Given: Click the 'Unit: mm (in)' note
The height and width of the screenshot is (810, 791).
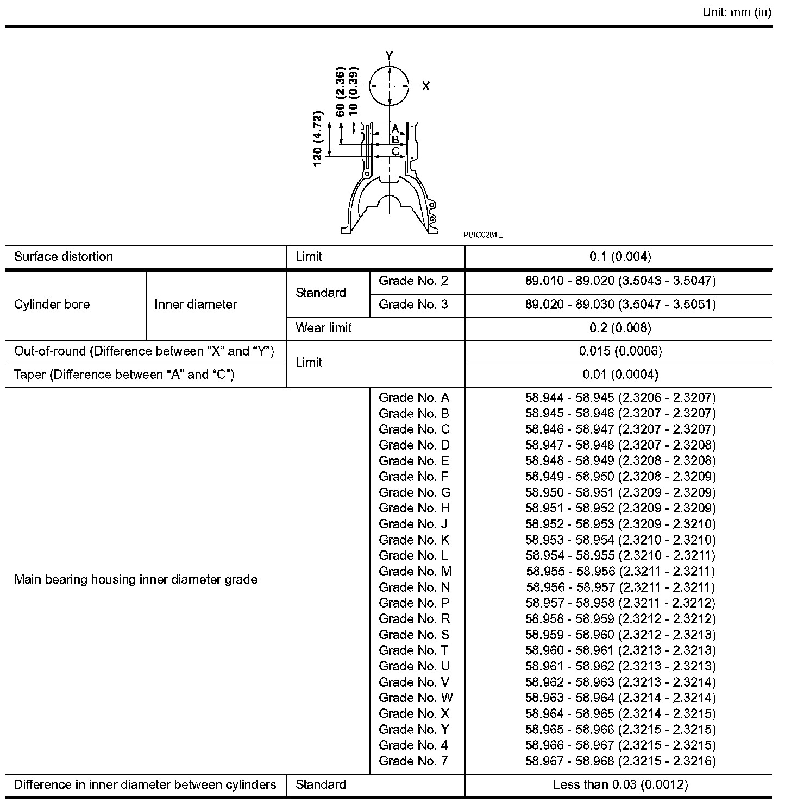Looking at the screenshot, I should click(x=737, y=12).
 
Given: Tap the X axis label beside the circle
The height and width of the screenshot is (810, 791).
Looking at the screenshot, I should click(x=426, y=86).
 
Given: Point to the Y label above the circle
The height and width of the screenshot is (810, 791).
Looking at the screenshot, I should click(x=389, y=55).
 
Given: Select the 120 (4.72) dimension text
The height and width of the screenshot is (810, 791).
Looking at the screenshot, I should click(x=318, y=139).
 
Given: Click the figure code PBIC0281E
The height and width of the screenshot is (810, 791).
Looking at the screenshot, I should click(x=483, y=235).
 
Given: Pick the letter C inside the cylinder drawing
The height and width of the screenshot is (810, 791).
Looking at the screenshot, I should click(x=395, y=151).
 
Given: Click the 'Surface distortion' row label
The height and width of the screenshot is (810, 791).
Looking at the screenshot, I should click(x=64, y=257).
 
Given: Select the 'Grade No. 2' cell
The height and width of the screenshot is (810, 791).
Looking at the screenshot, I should click(x=413, y=281).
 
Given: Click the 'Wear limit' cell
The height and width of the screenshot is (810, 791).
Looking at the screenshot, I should click(x=323, y=328).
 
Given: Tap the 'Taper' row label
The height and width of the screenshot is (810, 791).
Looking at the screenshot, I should click(x=124, y=375).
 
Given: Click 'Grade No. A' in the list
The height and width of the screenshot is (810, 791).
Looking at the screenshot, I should click(x=414, y=398).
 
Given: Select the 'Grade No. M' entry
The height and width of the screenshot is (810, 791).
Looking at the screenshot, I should click(x=415, y=571).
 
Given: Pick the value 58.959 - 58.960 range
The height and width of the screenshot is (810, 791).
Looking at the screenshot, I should click(x=620, y=635).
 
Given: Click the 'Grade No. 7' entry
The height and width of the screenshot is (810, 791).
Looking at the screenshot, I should click(x=413, y=761).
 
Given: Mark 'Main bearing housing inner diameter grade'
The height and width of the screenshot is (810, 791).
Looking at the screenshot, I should click(x=135, y=580).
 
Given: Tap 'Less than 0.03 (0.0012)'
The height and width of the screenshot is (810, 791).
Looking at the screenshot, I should click(x=620, y=785).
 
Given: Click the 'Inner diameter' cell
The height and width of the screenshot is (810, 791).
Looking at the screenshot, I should click(x=196, y=305).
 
